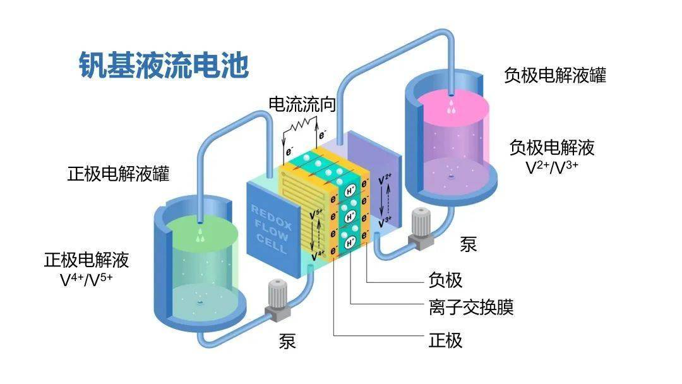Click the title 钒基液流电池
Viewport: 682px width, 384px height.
(x=164, y=65)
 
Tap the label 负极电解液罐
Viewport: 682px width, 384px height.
(x=555, y=75)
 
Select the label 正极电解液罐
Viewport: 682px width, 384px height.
(x=118, y=174)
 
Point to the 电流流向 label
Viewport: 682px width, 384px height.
(x=302, y=104)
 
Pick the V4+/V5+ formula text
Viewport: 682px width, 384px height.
(x=86, y=280)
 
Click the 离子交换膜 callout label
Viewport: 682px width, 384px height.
(x=471, y=308)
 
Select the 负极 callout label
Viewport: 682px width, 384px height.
(x=445, y=280)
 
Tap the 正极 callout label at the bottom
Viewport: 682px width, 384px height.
(x=445, y=340)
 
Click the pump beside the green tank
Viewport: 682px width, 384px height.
(x=277, y=300)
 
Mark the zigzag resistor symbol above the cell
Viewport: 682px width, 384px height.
(x=300, y=125)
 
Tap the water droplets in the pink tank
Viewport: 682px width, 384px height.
(x=452, y=107)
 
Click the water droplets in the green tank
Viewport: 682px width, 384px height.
(x=200, y=236)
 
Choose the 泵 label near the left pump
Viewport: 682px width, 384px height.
(x=287, y=341)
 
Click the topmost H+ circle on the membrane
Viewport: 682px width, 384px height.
(x=350, y=191)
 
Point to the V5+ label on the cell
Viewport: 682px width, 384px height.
(x=316, y=214)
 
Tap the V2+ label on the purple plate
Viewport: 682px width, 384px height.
(x=385, y=179)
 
